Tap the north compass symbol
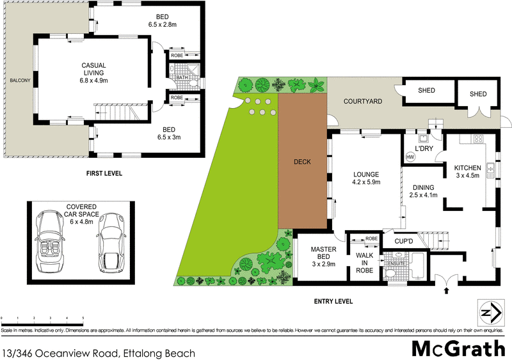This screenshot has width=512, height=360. pos(489,313)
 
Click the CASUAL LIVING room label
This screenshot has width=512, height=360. pos(93,72)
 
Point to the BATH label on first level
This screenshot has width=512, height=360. pos(182,78)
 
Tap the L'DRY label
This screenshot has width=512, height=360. pos(426,149)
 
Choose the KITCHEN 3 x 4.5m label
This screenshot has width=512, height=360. pos(467,171)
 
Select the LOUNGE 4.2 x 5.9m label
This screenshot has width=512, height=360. pos(367,178)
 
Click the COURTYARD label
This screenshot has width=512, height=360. pos(362,101)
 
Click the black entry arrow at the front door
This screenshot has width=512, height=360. pos(447,291)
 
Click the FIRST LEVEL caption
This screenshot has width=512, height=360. pos(104,173)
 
